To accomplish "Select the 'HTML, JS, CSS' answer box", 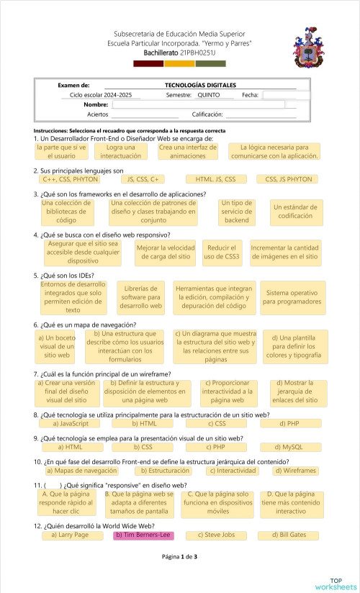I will pos(211,179).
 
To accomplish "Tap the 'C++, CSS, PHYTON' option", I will pos(70,179).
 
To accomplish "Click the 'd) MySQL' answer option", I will pos(292,447).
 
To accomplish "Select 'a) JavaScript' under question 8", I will pos(70,424).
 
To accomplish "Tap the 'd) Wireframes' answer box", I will pos(295,471).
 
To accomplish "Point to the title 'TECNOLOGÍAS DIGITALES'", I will pos(201,85).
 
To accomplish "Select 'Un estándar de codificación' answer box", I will pos(295,211).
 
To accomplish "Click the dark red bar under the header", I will pos(148,63).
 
